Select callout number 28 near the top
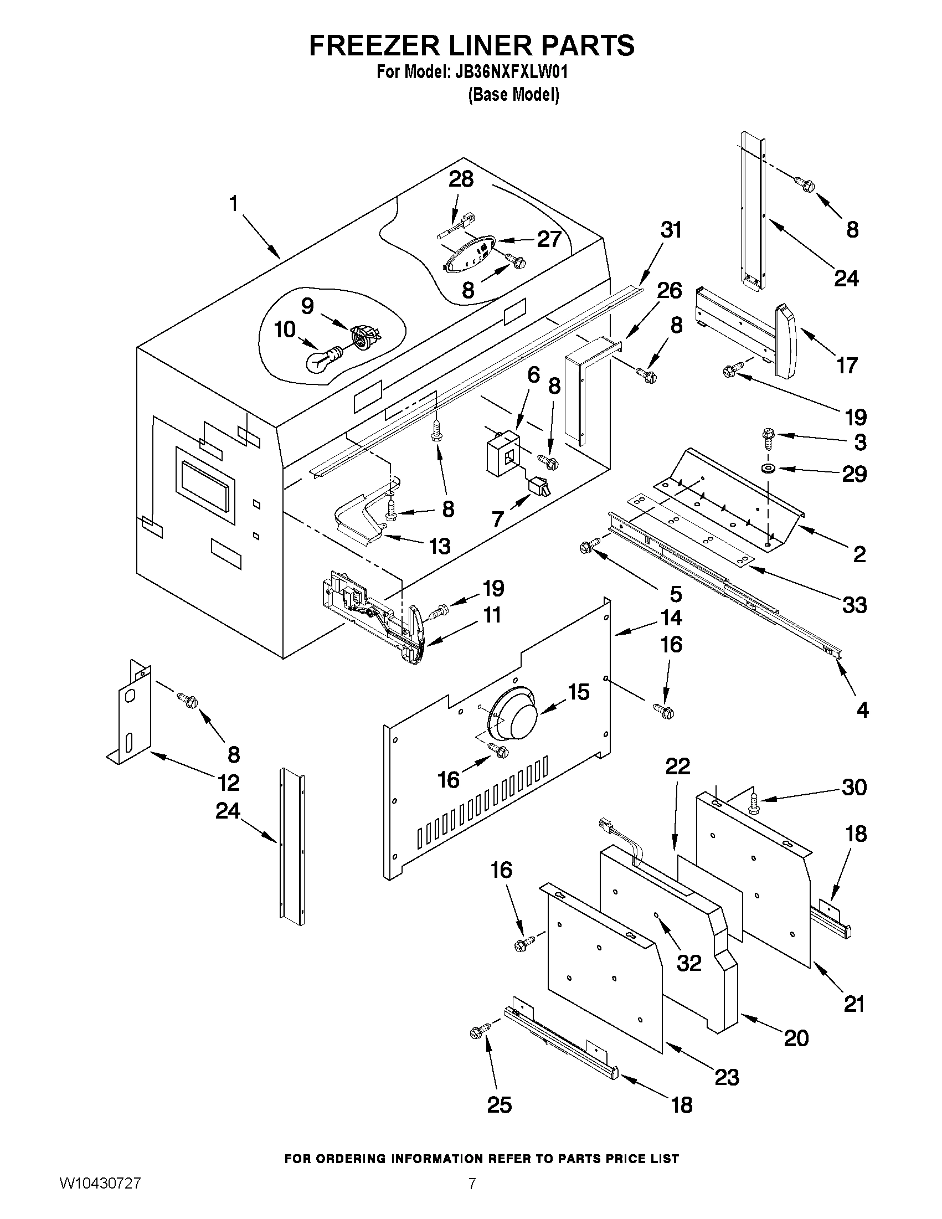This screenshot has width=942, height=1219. coord(461,179)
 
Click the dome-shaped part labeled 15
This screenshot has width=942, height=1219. coord(513,714)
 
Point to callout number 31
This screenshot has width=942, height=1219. coord(671,229)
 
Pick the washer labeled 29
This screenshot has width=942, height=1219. coord(771,467)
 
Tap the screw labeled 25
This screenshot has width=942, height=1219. coord(480,1031)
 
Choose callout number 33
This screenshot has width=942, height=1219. coord(854,604)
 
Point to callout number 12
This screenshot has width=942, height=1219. coord(228,783)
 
